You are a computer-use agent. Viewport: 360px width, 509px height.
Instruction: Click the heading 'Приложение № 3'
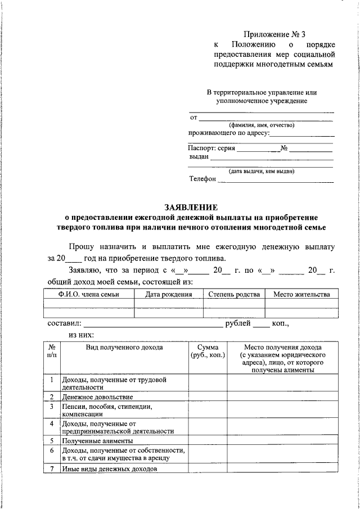(x=275, y=35)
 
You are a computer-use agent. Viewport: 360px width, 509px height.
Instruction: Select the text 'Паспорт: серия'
(x=211, y=148)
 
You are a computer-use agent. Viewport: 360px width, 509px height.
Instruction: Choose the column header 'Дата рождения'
(x=168, y=294)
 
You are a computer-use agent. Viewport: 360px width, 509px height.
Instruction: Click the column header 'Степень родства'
(x=233, y=294)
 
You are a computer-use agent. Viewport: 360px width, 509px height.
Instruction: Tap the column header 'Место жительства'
(x=301, y=294)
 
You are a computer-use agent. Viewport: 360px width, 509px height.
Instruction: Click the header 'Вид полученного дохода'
(x=124, y=347)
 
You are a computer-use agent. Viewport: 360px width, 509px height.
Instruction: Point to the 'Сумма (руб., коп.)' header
(x=208, y=352)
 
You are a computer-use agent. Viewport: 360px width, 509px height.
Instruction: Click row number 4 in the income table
(x=52, y=423)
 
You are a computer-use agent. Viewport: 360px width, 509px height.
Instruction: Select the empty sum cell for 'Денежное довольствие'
(x=208, y=397)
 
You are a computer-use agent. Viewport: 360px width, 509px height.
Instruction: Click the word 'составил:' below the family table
(x=62, y=325)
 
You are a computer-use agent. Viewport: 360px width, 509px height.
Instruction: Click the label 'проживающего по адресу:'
(x=228, y=133)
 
